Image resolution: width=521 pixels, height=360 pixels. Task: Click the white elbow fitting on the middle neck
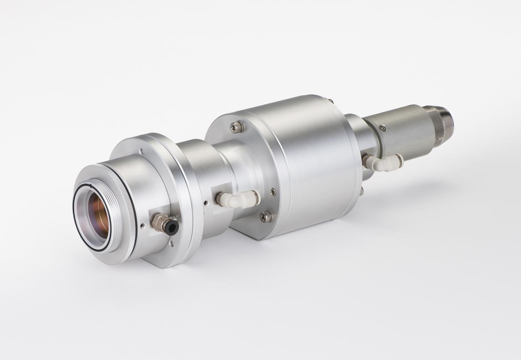point(238,199)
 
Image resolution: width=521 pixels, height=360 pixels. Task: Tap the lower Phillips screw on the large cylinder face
point(266,216)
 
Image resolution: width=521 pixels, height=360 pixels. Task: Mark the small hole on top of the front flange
point(141,151)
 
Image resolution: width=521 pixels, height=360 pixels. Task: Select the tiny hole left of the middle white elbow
point(206,202)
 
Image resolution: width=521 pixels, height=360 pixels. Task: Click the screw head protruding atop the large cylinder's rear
point(331,100)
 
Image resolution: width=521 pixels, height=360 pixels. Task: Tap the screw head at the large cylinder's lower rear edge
point(361,190)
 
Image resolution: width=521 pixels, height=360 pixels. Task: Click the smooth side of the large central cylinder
point(308,159)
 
